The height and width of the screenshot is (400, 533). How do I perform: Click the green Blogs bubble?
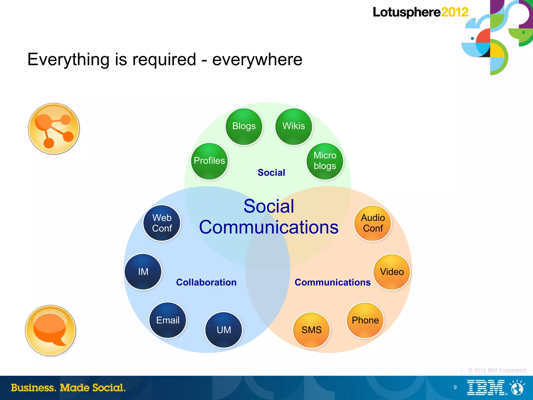coord(244,127)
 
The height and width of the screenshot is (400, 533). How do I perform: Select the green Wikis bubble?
coord(294,127)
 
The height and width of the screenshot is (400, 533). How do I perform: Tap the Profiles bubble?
coord(209,161)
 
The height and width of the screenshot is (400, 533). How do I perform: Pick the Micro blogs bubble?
coord(325,161)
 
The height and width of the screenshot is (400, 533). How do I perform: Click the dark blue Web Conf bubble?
coord(162,223)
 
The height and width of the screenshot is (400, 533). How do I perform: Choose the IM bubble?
coord(143,272)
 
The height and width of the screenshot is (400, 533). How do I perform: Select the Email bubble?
coord(168,320)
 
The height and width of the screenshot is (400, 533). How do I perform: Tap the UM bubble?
coord(224,330)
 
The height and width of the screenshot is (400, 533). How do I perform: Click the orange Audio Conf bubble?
coord(373,223)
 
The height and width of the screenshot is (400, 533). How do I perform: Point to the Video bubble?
coord(392,272)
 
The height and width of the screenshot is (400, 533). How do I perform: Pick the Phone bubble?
coord(365,320)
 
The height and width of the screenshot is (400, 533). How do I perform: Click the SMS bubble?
coord(312,330)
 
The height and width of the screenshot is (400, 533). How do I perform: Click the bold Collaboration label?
coord(206,282)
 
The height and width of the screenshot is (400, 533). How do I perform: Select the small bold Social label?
coord(271,173)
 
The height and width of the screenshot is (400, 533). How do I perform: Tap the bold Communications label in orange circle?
coord(332,282)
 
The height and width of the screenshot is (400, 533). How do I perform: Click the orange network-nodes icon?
coord(54,129)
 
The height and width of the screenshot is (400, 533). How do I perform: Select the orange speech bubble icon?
coord(50,330)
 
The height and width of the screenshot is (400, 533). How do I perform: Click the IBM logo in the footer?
coord(487,388)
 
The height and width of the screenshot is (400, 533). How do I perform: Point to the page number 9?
coord(455,387)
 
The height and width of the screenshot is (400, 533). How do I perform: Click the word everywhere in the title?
coord(257,60)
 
